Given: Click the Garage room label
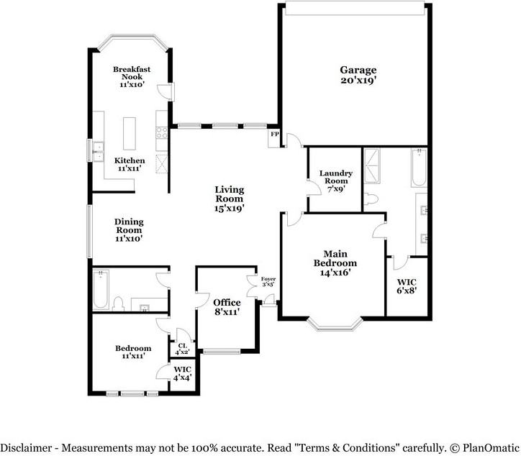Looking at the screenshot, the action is [358, 75].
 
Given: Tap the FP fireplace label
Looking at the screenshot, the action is [275, 134].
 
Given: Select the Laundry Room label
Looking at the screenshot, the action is [336, 181].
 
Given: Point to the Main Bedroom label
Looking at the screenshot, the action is [335, 263].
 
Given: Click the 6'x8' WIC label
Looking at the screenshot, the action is [407, 286].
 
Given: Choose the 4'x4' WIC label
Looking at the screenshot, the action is [182, 373].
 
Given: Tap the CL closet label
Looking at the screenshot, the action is [182, 349].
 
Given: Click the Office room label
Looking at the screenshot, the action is [227, 307].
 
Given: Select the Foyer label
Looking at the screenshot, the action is [268, 282].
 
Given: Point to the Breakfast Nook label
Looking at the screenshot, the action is [132, 77].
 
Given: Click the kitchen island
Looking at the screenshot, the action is [130, 134].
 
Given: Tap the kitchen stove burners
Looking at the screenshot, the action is [162, 133].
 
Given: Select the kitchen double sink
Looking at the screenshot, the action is [99, 152].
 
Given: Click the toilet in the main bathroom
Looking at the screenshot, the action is [371, 199].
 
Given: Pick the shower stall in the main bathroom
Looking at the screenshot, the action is [372, 166].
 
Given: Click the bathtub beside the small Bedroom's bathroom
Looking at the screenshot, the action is [101, 289].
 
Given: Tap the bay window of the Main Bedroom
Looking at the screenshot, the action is [335, 325].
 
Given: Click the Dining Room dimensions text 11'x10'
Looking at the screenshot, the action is [129, 239].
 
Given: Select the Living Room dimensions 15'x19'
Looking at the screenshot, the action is [230, 209].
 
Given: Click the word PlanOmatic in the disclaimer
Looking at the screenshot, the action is [491, 447].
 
